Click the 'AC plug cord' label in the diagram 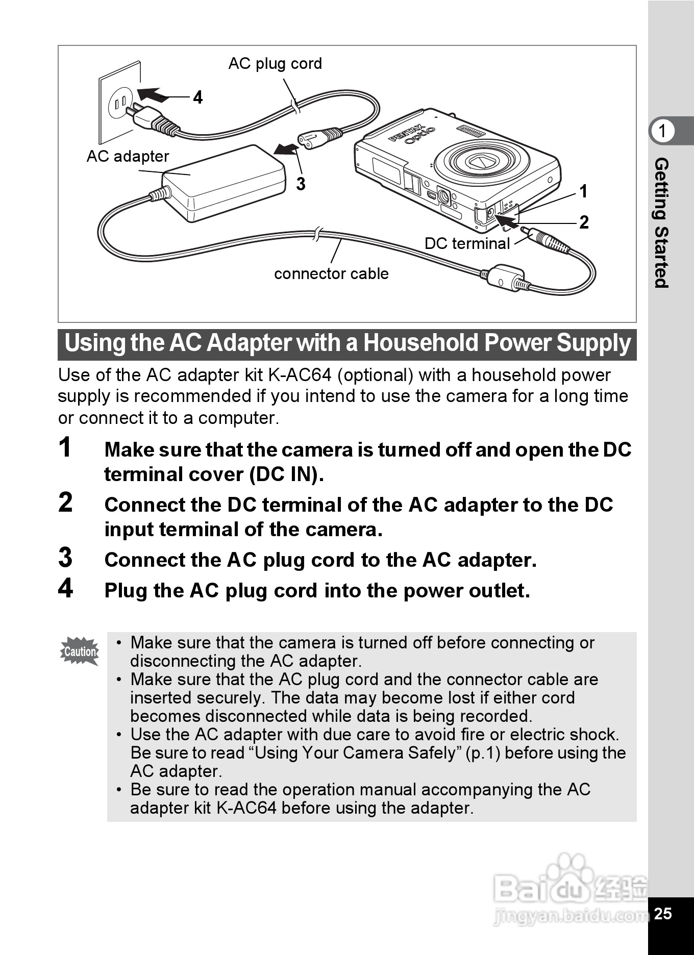pyautogui.click(x=275, y=64)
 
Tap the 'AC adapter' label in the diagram pyautogui.click(x=128, y=156)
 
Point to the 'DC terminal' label pyautogui.click(x=467, y=243)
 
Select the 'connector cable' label pyautogui.click(x=331, y=274)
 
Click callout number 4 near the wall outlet pyautogui.click(x=198, y=97)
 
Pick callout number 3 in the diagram pyautogui.click(x=301, y=184)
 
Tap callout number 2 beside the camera pyautogui.click(x=584, y=222)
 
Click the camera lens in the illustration pyautogui.click(x=480, y=162)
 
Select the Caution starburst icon pyautogui.click(x=80, y=651)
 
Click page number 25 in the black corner pyautogui.click(x=663, y=913)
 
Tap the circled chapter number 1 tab pyautogui.click(x=662, y=131)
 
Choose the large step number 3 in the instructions pyautogui.click(x=65, y=558)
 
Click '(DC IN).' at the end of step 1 pyautogui.click(x=286, y=475)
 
